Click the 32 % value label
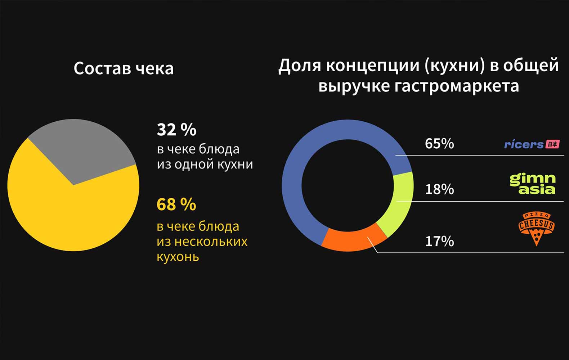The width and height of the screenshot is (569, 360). pyautogui.click(x=176, y=130)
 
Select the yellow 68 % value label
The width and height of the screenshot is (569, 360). pyautogui.click(x=176, y=204)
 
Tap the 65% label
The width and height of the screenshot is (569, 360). pyautogui.click(x=439, y=144)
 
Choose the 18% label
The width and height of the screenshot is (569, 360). pyautogui.click(x=439, y=189)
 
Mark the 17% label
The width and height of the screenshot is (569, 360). pyautogui.click(x=439, y=241)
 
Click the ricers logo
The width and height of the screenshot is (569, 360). pyautogui.click(x=524, y=144)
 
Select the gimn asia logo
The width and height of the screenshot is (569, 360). pyautogui.click(x=533, y=184)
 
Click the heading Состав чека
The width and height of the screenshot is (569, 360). pyautogui.click(x=124, y=68)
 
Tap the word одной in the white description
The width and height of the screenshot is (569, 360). pyautogui.click(x=190, y=164)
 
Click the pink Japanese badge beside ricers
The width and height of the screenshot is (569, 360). pyautogui.click(x=552, y=144)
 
